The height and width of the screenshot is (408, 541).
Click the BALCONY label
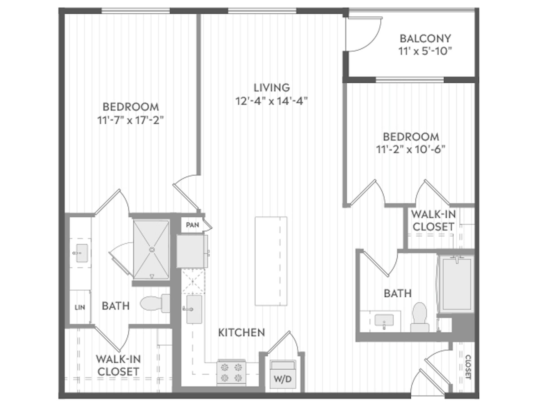(x=425, y=38)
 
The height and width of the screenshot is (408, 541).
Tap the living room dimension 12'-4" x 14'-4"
(x=271, y=101)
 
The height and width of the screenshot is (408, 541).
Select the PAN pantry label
(x=192, y=225)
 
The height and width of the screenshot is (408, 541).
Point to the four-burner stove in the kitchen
(x=231, y=372)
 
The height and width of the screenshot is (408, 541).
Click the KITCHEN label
(x=241, y=333)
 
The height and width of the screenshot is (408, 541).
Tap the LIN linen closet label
(x=80, y=307)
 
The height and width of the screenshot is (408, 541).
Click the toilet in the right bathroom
(x=420, y=317)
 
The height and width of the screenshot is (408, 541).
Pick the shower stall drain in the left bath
(x=152, y=250)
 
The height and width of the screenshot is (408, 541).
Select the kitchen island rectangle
(x=271, y=261)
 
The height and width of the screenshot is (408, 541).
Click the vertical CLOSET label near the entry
(x=468, y=367)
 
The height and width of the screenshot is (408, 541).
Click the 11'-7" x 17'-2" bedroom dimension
(x=130, y=120)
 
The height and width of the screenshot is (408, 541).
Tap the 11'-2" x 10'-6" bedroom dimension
(x=411, y=149)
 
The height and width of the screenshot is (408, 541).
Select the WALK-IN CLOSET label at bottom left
(x=118, y=365)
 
